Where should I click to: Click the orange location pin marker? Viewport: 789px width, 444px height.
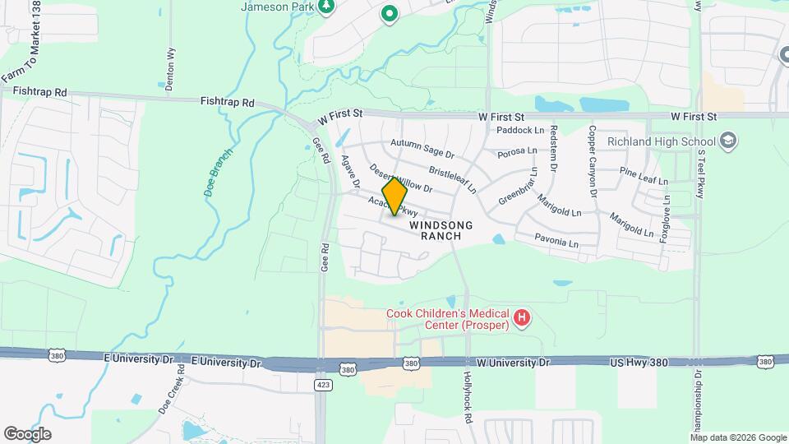394,196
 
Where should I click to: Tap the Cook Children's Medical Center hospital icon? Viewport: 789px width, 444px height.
521,317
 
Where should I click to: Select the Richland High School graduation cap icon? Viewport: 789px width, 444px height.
727,141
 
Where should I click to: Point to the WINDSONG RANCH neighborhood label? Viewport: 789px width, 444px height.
436,230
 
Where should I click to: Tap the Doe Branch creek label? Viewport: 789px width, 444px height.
218,171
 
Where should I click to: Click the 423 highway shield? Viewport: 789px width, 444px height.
323,384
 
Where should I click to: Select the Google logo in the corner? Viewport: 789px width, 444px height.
27,434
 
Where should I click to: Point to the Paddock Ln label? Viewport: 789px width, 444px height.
521,130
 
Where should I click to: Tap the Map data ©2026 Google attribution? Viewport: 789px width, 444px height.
737,437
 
